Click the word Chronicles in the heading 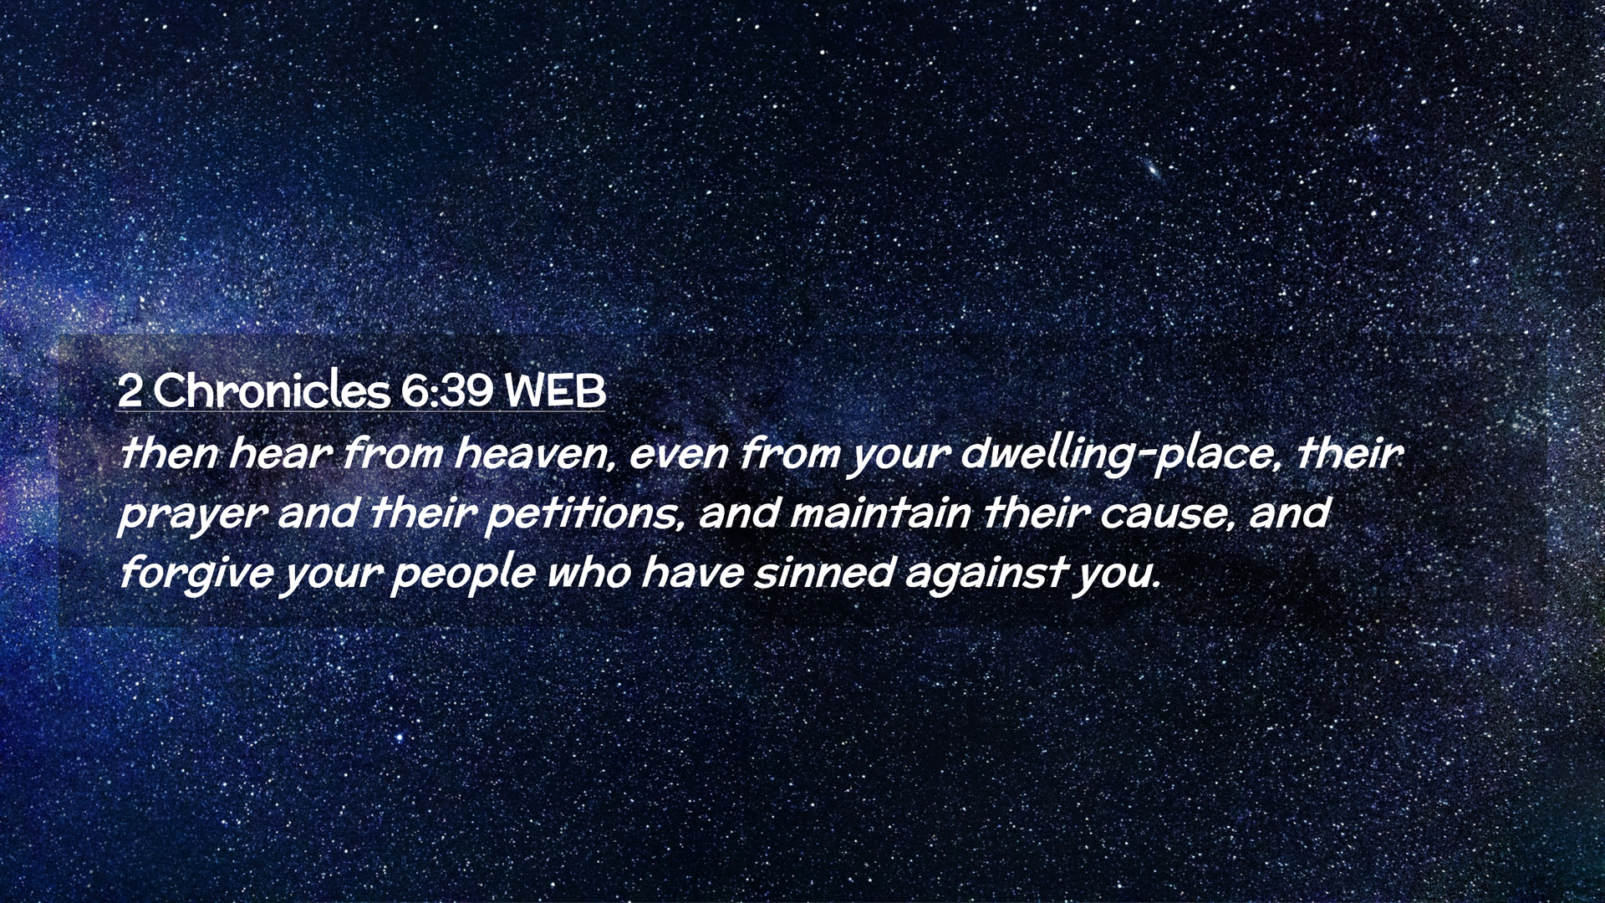[272, 390]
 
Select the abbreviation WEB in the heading [555, 390]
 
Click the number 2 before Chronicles [129, 390]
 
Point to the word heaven [535, 454]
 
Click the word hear [281, 453]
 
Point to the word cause [1167, 514]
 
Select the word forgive [196, 574]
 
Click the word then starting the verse [170, 453]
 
